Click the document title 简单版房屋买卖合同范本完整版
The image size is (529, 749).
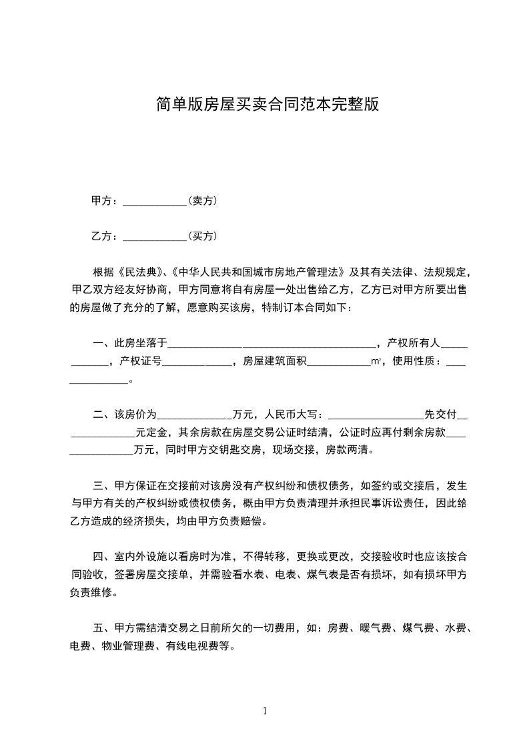(x=267, y=104)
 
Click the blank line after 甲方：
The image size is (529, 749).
(x=155, y=202)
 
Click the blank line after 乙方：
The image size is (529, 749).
(x=155, y=237)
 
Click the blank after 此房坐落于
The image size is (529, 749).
(x=272, y=345)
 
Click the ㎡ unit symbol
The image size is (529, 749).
(x=376, y=362)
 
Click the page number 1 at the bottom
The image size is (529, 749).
(x=265, y=710)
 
